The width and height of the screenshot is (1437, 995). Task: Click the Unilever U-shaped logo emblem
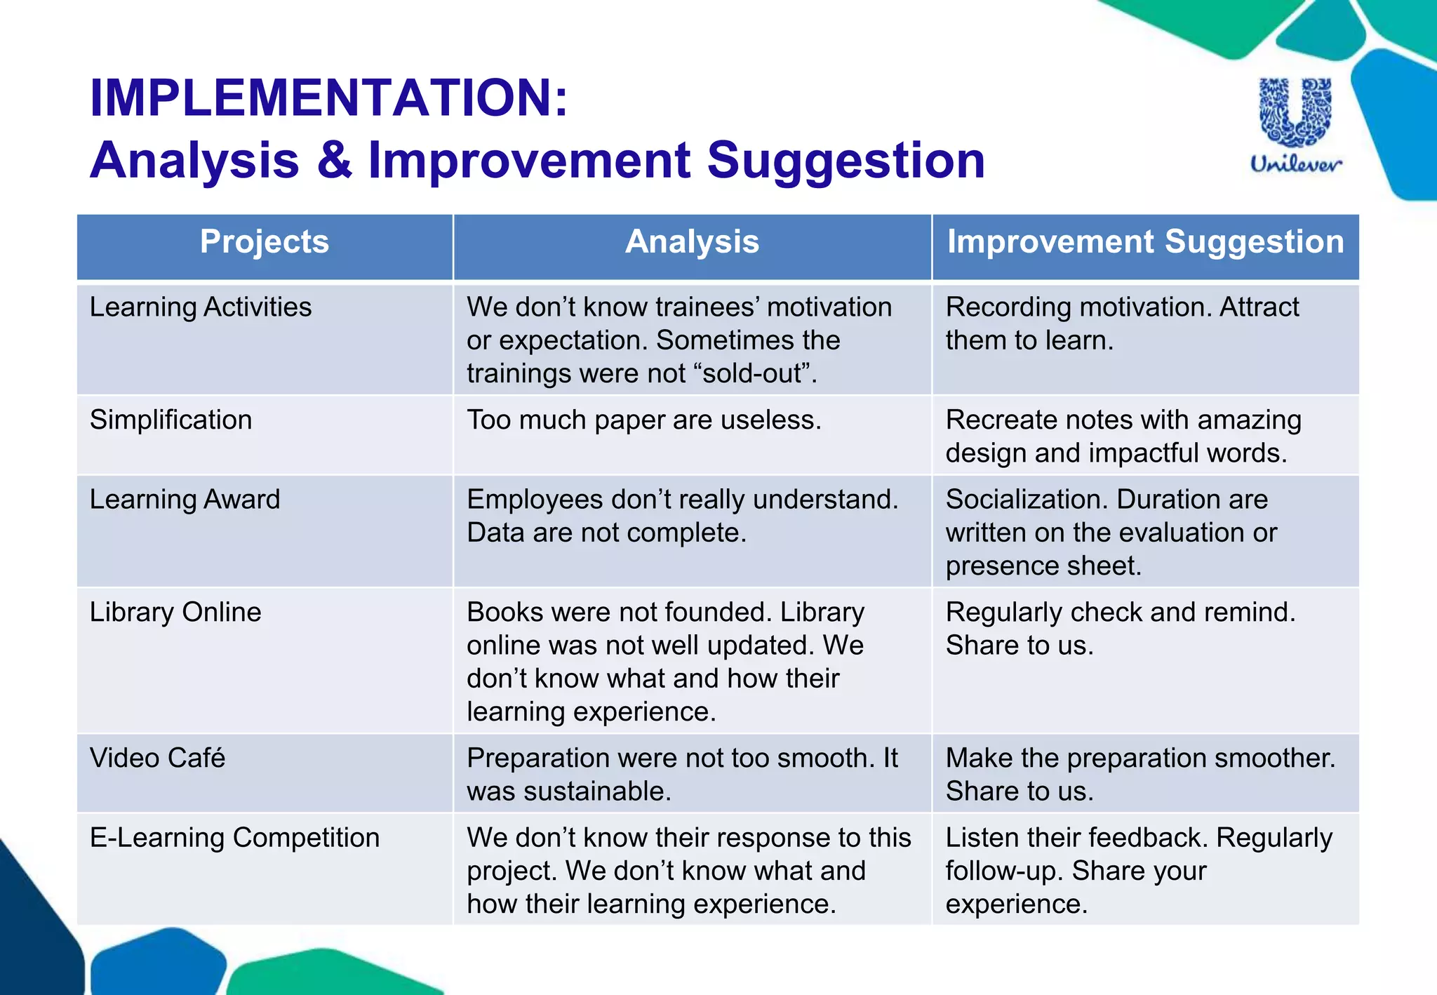(x=1295, y=112)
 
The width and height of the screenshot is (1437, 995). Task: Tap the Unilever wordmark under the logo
(x=1296, y=164)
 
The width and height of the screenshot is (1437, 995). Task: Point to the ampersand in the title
(x=334, y=160)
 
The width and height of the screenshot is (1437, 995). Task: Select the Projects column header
(x=265, y=242)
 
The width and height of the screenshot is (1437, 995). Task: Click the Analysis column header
(x=692, y=242)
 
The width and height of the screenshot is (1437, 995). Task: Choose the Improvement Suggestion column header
(x=1145, y=242)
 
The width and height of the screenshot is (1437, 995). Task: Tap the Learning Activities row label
(x=201, y=307)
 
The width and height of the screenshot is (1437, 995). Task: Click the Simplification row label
(x=171, y=420)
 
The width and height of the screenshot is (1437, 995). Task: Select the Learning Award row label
(x=185, y=500)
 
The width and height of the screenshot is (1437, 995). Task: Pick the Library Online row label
(x=175, y=612)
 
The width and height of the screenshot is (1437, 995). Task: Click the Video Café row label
(x=157, y=759)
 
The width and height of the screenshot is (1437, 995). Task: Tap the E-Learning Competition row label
(x=234, y=838)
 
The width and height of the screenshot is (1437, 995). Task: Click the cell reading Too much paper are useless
(x=643, y=420)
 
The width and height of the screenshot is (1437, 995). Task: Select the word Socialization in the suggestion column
(x=1027, y=500)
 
